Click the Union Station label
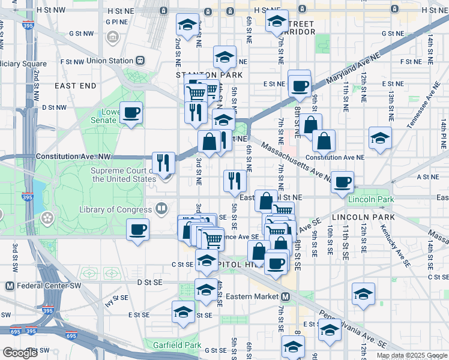[x=109, y=61]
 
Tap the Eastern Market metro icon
[x=286, y=296]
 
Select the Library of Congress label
[x=115, y=209]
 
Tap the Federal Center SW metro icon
[x=10, y=286]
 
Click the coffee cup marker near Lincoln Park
[x=342, y=181]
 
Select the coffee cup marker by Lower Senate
[x=131, y=112]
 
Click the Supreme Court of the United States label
[x=124, y=175]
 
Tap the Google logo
[x=20, y=353]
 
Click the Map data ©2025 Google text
[x=411, y=355]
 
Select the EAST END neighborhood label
[x=75, y=86]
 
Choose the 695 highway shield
[x=71, y=337]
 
